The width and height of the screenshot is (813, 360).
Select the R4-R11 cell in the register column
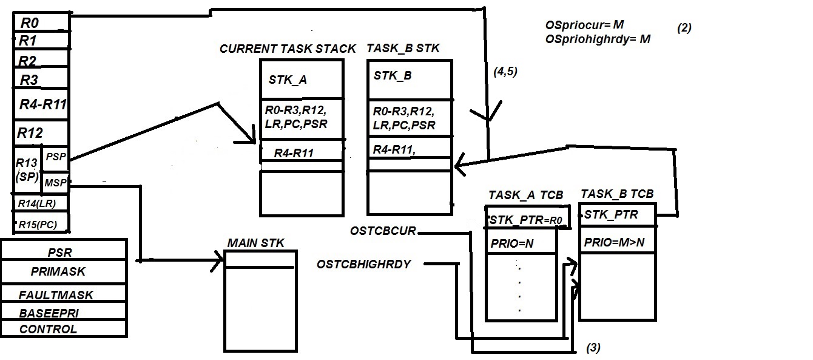click(42, 104)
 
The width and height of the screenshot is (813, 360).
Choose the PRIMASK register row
click(63, 271)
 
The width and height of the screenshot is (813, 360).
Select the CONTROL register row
click(63, 329)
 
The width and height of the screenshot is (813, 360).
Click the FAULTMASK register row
click(63, 295)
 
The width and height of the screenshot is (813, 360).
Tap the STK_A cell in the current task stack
click(302, 80)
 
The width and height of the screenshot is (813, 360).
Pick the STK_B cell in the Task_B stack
click(409, 76)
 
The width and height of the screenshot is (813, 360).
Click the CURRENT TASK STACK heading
click(288, 49)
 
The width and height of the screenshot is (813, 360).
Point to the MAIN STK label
click(255, 243)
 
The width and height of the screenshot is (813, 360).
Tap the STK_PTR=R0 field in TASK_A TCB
click(527, 219)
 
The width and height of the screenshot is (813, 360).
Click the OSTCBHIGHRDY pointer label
click(364, 264)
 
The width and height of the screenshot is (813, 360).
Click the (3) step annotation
click(593, 348)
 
